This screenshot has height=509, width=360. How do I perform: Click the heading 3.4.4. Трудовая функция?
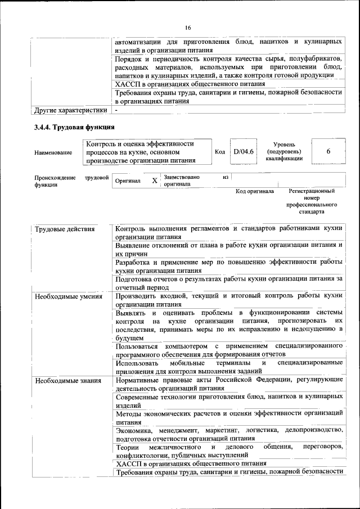tap(74, 127)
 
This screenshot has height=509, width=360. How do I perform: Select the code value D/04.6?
tap(244, 152)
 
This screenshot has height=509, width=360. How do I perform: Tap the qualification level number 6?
tap(328, 152)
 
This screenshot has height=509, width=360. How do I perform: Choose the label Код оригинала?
tap(254, 192)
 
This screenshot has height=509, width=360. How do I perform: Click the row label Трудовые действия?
tap(65, 229)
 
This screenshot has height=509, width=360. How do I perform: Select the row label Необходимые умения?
tap(68, 296)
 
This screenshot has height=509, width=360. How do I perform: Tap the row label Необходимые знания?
tap(67, 381)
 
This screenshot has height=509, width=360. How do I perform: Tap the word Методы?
tap(129, 413)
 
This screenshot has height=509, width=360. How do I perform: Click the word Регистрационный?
tap(311, 192)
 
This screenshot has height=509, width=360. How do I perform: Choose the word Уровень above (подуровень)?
tap(284, 145)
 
